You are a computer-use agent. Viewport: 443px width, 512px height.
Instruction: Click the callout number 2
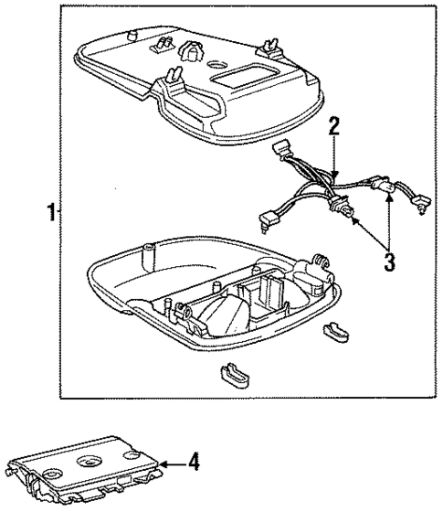[x=334, y=126]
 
